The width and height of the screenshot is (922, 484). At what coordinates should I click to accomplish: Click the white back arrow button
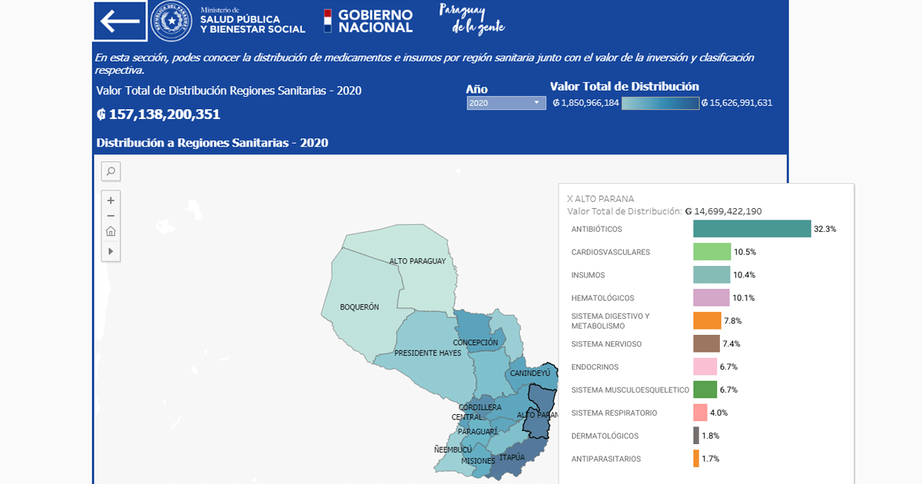120,21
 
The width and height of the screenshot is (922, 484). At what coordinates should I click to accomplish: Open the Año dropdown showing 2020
506,103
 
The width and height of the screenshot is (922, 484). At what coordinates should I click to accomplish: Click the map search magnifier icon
111,171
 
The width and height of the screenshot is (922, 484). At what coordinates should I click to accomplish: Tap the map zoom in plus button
111,201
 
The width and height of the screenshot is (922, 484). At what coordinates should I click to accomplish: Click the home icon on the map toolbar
111,232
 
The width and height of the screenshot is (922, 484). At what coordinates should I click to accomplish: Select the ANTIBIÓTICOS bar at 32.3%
751,229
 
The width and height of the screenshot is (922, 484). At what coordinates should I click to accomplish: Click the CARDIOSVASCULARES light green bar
711,252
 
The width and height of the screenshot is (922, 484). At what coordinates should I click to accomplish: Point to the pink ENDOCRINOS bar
705,366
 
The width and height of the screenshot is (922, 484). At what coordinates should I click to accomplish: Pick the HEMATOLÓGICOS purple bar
711,297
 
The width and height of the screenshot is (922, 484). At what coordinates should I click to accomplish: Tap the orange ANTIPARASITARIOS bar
696,459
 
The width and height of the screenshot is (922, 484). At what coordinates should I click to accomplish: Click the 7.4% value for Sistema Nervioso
731,344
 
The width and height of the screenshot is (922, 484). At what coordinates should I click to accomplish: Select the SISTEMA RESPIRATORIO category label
614,413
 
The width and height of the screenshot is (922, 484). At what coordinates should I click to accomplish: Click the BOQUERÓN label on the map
360,307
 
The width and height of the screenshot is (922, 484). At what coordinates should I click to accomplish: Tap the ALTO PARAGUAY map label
417,261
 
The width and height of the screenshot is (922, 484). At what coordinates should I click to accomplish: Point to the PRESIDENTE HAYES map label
427,353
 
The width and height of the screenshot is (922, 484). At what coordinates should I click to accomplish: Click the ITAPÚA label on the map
512,458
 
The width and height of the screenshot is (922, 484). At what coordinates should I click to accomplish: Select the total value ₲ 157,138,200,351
158,114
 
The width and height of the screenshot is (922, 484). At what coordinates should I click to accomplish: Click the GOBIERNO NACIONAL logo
368,21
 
